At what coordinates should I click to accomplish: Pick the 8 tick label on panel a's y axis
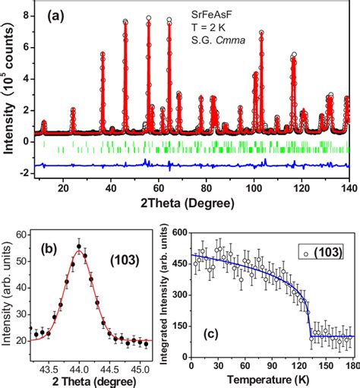tap(26, 14)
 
